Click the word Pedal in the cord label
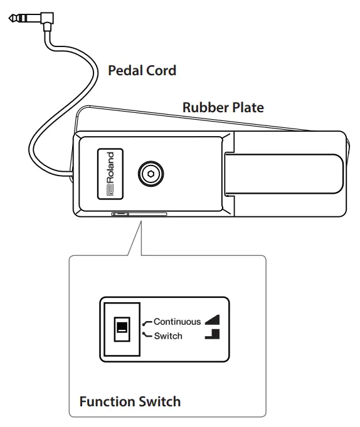(x=124, y=70)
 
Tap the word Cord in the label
(x=160, y=70)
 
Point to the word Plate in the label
(x=247, y=107)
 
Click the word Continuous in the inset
(x=177, y=322)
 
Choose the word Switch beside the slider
(x=167, y=336)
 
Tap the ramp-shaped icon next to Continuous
(x=213, y=321)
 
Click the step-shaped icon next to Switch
(x=213, y=335)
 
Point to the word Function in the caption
(x=106, y=401)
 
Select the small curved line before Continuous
(x=147, y=322)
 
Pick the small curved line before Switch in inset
(x=147, y=335)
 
